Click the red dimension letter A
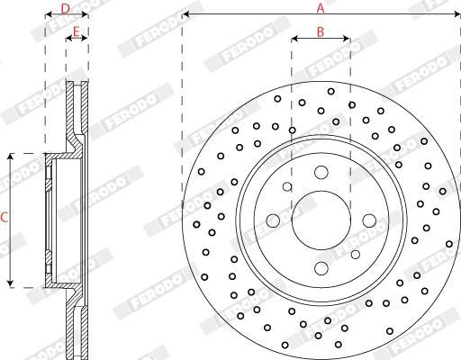(x=321, y=8)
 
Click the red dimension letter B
(x=321, y=31)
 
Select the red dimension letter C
(x=4, y=218)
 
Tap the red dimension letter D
(x=66, y=9)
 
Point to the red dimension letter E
(x=77, y=31)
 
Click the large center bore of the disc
(x=321, y=220)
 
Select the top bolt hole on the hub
(x=321, y=172)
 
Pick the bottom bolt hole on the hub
(x=321, y=268)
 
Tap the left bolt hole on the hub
(x=273, y=220)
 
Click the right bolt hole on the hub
(x=369, y=220)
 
